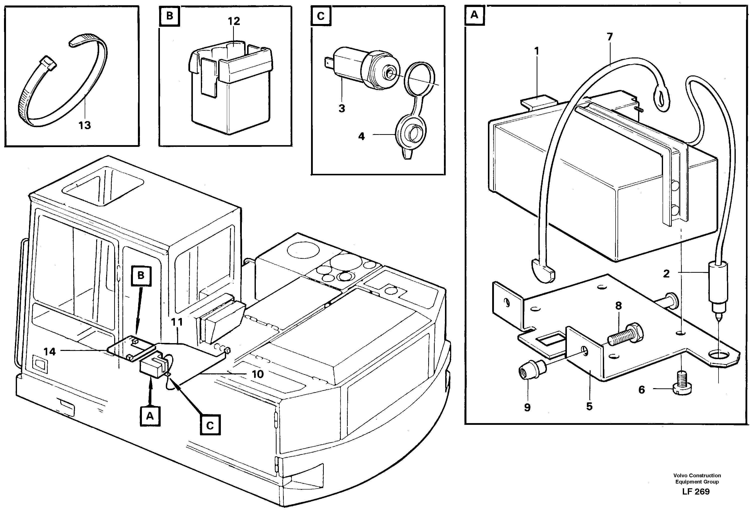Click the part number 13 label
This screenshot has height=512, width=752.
[85, 125]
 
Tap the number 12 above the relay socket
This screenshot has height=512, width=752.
[234, 21]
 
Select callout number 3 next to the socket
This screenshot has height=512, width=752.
[342, 109]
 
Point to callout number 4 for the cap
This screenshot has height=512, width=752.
[362, 136]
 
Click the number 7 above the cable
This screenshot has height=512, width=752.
[610, 37]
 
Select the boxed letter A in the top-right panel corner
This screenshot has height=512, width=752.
[474, 15]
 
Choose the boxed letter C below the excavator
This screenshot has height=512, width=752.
[210, 425]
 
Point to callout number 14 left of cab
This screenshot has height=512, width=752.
[49, 352]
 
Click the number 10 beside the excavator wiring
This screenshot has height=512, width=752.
[258, 374]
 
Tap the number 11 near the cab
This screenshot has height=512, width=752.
[177, 322]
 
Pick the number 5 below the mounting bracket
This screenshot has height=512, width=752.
[589, 407]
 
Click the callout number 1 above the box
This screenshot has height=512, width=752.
[536, 51]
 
